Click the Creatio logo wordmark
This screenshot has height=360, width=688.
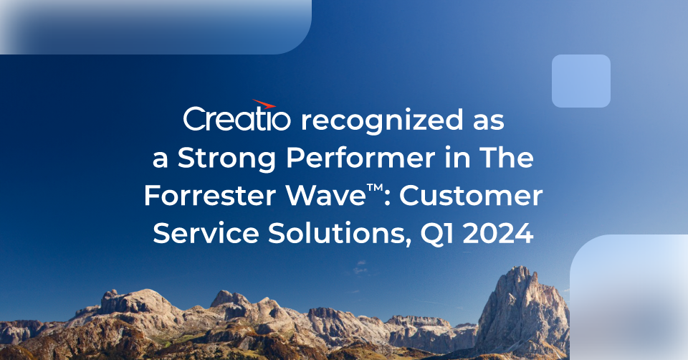(237, 119)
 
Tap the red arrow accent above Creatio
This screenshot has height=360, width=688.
(264, 105)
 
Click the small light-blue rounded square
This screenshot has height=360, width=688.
(580, 81)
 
